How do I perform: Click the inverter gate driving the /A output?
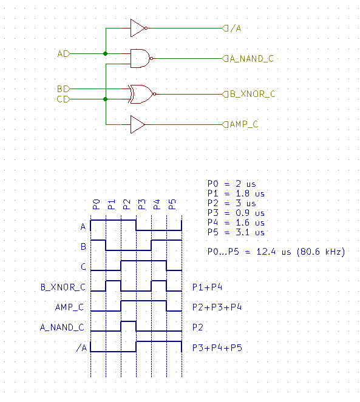tap(138, 28)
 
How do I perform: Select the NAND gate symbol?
tap(141, 58)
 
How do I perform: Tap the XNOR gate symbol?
tap(142, 94)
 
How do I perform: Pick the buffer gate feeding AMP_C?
tap(138, 124)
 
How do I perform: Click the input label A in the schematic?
tap(60, 54)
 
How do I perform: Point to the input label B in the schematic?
tap(60, 89)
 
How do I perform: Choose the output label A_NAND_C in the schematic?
tap(251, 59)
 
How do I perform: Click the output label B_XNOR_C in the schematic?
tap(253, 94)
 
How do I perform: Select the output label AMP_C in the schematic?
tap(243, 124)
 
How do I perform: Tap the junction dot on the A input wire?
tap(105, 53)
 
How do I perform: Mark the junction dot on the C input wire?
tap(105, 99)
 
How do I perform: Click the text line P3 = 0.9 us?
tap(236, 213)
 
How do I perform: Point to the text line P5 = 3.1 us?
tap(236, 232)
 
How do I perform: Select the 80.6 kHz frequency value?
tap(321, 252)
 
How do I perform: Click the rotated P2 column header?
tap(127, 204)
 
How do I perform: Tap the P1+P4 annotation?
tap(207, 287)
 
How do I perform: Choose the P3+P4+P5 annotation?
tap(217, 347)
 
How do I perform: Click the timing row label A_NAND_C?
tap(62, 327)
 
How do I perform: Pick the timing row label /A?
tap(82, 347)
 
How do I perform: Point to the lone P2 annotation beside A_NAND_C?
tap(198, 327)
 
